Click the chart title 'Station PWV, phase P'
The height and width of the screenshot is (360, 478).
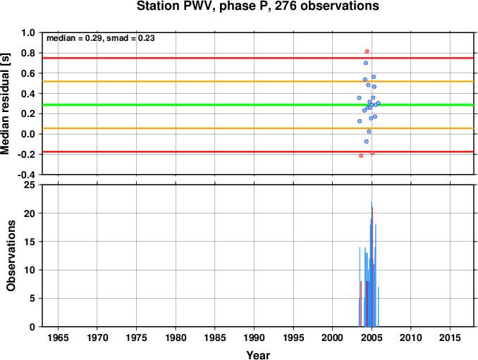[x=203, y=6]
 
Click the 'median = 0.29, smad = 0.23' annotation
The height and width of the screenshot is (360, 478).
[x=101, y=38]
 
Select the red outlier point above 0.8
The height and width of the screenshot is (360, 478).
[x=367, y=51]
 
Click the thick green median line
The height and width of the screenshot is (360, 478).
[x=258, y=105]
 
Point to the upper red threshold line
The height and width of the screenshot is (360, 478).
[x=258, y=58]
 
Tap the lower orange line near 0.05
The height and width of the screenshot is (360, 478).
[x=258, y=128]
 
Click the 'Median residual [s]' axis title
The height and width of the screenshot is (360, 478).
[x=5, y=104]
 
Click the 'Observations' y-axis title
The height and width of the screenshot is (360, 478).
[x=11, y=256]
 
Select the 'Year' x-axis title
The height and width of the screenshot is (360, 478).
[x=258, y=355]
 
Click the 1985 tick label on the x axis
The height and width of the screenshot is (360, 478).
[x=215, y=337]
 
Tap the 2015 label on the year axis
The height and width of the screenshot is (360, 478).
[x=450, y=337]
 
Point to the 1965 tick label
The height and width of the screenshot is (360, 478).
[x=58, y=337]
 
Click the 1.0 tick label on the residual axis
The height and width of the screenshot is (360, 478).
[x=28, y=32]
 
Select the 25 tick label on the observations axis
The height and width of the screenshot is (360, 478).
[x=30, y=185]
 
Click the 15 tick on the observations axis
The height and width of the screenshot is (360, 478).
[x=30, y=242]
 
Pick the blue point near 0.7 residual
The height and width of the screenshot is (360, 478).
[x=365, y=63]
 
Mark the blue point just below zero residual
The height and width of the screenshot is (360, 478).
[x=366, y=142]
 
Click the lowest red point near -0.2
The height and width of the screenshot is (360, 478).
[x=361, y=156]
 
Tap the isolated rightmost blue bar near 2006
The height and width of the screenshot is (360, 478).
[x=378, y=306]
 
